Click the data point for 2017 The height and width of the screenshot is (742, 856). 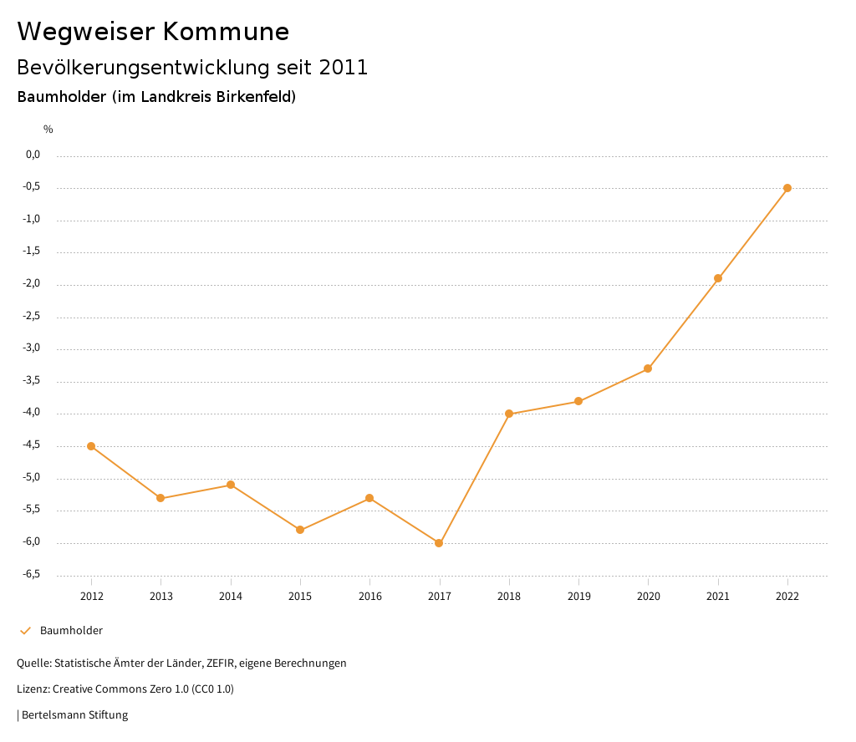point(439,543)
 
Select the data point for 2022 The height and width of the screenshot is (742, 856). point(787,188)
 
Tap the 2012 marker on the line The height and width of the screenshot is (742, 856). point(91,446)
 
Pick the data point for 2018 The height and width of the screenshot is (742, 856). point(509,414)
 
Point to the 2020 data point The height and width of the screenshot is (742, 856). point(648,368)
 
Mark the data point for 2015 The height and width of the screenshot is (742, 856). point(300,530)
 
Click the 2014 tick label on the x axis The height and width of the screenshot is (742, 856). point(231,596)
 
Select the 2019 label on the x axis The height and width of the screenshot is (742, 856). point(578,596)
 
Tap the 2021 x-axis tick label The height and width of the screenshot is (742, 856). point(718,596)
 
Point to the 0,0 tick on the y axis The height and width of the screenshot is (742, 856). point(33,155)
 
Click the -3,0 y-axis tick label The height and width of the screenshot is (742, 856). point(31,348)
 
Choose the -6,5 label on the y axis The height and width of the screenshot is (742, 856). point(31,574)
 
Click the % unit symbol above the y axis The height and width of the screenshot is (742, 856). point(48,129)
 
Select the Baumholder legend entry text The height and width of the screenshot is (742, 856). point(71,630)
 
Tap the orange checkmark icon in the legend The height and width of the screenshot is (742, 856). point(25,630)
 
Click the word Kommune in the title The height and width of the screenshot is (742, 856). point(226,32)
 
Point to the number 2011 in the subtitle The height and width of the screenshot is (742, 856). point(344,68)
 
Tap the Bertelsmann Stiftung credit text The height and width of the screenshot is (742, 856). point(74,714)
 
